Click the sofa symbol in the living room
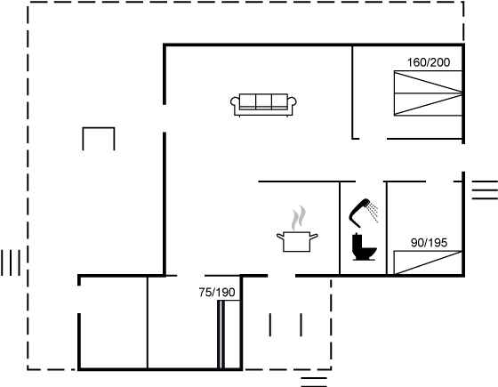click(263, 105)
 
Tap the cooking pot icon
click(297, 241)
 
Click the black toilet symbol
click(364, 247)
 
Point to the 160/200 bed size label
click(429, 62)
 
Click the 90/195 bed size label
click(429, 243)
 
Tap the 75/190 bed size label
click(217, 293)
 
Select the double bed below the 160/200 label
click(428, 93)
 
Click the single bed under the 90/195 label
click(428, 262)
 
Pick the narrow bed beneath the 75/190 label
click(229, 335)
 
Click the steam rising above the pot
click(299, 218)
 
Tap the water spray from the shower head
click(373, 212)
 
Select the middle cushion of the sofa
click(263, 101)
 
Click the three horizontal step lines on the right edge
click(485, 190)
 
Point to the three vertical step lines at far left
click(11, 262)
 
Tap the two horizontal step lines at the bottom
click(314, 383)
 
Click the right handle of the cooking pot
click(314, 237)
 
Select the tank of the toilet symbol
click(357, 241)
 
